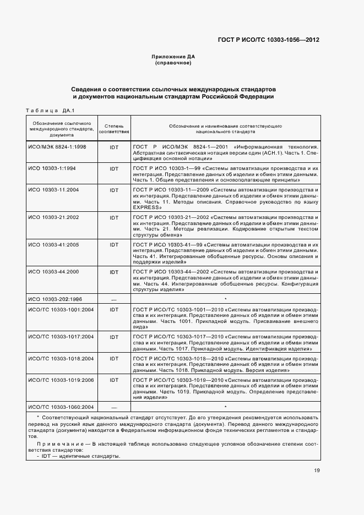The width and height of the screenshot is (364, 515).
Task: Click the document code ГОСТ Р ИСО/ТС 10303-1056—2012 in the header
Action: click(x=268, y=40)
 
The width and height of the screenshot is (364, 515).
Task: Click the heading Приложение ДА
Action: click(x=173, y=57)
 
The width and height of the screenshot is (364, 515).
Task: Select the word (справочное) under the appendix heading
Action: click(x=173, y=63)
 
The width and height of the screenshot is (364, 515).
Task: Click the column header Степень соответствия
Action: click(x=114, y=129)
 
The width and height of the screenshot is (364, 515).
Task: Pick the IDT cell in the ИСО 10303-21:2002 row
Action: click(x=114, y=218)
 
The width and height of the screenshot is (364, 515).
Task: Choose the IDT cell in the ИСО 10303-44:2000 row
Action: click(x=114, y=272)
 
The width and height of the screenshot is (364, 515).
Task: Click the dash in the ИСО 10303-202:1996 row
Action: click(x=114, y=299)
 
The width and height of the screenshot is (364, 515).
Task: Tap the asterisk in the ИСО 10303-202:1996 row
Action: click(x=226, y=299)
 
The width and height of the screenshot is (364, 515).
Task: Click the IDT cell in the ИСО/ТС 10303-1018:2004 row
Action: click(x=114, y=358)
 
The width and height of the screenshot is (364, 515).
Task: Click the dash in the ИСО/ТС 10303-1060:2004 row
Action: click(x=114, y=407)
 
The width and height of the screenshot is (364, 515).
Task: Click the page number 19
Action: click(x=317, y=470)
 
